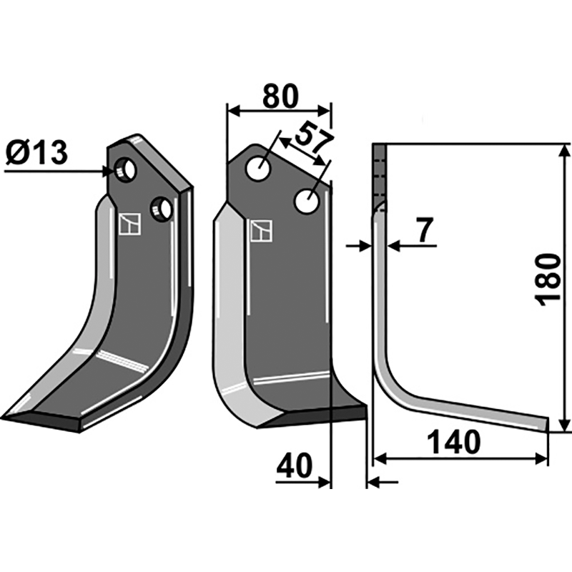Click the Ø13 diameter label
click(37, 154)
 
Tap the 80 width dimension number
click(280, 97)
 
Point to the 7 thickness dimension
click(424, 230)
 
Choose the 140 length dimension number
click(454, 442)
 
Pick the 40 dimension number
click(295, 466)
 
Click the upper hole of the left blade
click(125, 170)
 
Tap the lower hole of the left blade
click(161, 209)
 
